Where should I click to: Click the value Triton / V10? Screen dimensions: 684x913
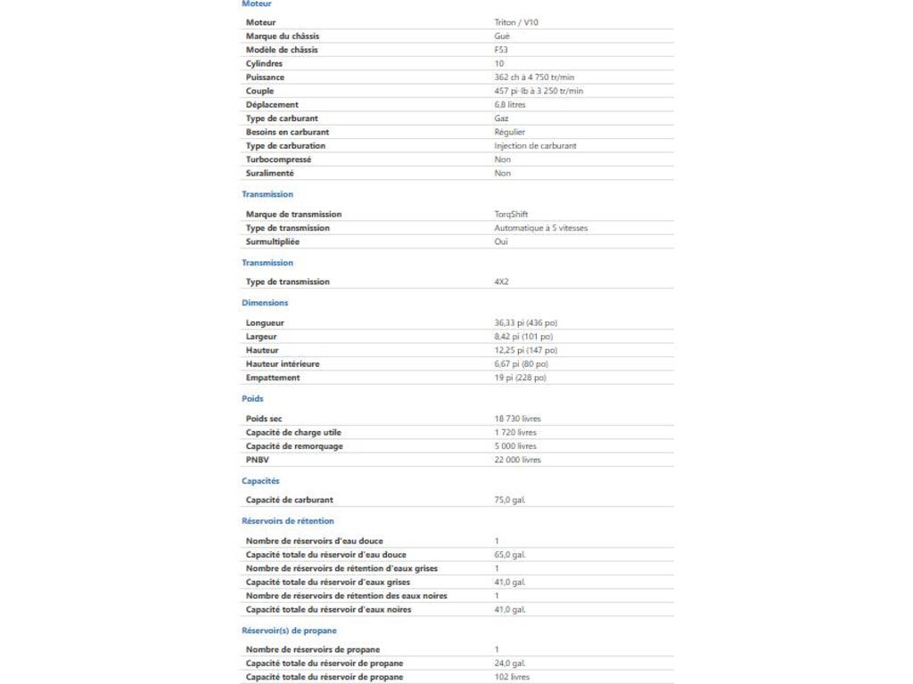pyautogui.click(x=516, y=22)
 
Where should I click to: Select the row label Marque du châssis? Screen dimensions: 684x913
pyautogui.click(x=283, y=37)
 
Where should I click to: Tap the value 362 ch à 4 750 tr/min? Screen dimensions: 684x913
pyautogui.click(x=534, y=77)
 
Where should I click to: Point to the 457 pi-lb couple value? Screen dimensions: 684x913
pyautogui.click(x=539, y=91)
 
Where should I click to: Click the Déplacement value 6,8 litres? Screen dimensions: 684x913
pyautogui.click(x=510, y=105)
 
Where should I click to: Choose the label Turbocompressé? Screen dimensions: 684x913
pyautogui.click(x=278, y=159)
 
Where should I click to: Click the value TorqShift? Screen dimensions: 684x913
pyautogui.click(x=511, y=215)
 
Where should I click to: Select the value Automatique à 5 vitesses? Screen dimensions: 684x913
pyautogui.click(x=541, y=228)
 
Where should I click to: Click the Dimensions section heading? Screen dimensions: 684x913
pyautogui.click(x=265, y=303)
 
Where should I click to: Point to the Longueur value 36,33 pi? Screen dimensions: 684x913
pyautogui.click(x=526, y=323)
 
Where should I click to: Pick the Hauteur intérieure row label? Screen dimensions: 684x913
pyautogui.click(x=283, y=364)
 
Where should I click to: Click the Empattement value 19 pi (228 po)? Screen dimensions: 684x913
pyautogui.click(x=521, y=378)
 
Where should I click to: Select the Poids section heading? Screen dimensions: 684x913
pyautogui.click(x=252, y=399)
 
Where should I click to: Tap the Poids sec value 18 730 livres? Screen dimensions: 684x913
pyautogui.click(x=517, y=419)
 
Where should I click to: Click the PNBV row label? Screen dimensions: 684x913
pyautogui.click(x=256, y=460)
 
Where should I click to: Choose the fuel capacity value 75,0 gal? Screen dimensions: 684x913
pyautogui.click(x=510, y=501)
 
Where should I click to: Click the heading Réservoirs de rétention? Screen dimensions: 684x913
pyautogui.click(x=288, y=521)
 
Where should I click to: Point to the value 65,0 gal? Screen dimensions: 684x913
pyautogui.click(x=510, y=555)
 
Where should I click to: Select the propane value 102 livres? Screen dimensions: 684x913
pyautogui.click(x=512, y=677)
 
